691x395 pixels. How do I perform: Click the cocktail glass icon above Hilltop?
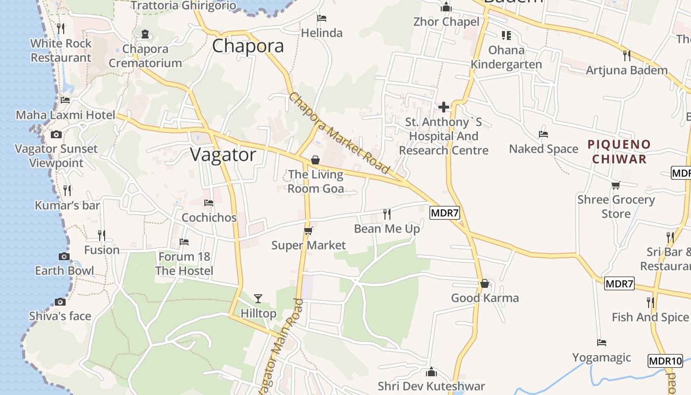coord(258,298)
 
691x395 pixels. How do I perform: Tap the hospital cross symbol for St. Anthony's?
coord(444,107)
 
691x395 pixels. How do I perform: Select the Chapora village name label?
coord(248,46)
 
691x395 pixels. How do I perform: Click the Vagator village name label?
coord(223,155)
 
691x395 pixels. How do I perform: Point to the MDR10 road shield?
coord(665,360)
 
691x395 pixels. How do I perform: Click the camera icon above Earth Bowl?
coord(64,256)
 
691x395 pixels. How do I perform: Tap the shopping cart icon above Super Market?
coord(308,231)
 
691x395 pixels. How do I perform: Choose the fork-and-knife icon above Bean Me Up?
coord(387,214)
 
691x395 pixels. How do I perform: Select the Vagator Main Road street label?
coord(280,346)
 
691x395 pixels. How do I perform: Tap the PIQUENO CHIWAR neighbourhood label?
coord(619,152)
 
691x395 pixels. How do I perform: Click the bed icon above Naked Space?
coord(543,134)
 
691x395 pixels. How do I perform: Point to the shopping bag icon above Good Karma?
coord(485,283)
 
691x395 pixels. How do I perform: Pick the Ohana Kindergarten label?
coord(506,57)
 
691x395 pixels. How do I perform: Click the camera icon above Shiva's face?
coord(60,302)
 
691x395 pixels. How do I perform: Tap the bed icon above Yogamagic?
coord(601,343)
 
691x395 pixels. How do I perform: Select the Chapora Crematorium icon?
coord(145,34)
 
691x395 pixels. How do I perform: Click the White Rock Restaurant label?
coord(61,50)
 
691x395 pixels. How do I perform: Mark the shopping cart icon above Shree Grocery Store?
coord(615,186)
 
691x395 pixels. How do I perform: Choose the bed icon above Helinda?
coord(322,18)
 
